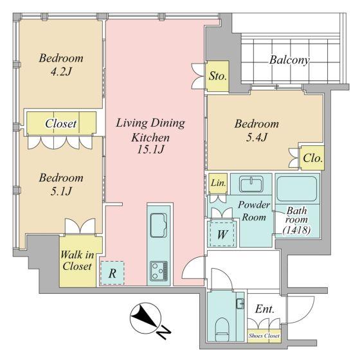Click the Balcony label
point(289,60)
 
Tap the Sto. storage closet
point(217,76)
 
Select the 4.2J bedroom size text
point(61,72)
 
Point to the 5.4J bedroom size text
point(256,138)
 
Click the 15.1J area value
point(150,150)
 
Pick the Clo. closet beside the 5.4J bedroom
point(312,157)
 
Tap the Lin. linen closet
point(218,183)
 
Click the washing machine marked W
point(222,234)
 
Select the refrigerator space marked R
point(113,273)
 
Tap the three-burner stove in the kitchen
point(159,271)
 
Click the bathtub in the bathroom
point(297,188)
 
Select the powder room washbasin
point(251,184)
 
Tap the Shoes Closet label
point(264,336)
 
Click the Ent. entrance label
point(265,309)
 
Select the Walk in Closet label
point(77,260)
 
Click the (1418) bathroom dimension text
point(296,230)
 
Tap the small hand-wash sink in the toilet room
point(240,303)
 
